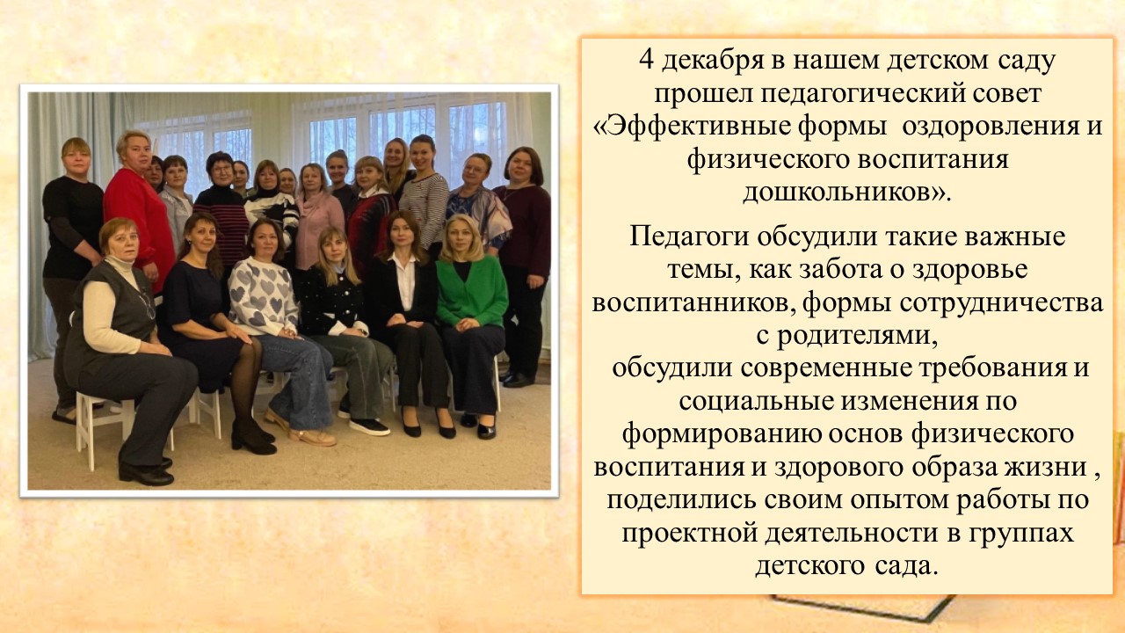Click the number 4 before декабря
[647, 62]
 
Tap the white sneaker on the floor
[370, 426]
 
